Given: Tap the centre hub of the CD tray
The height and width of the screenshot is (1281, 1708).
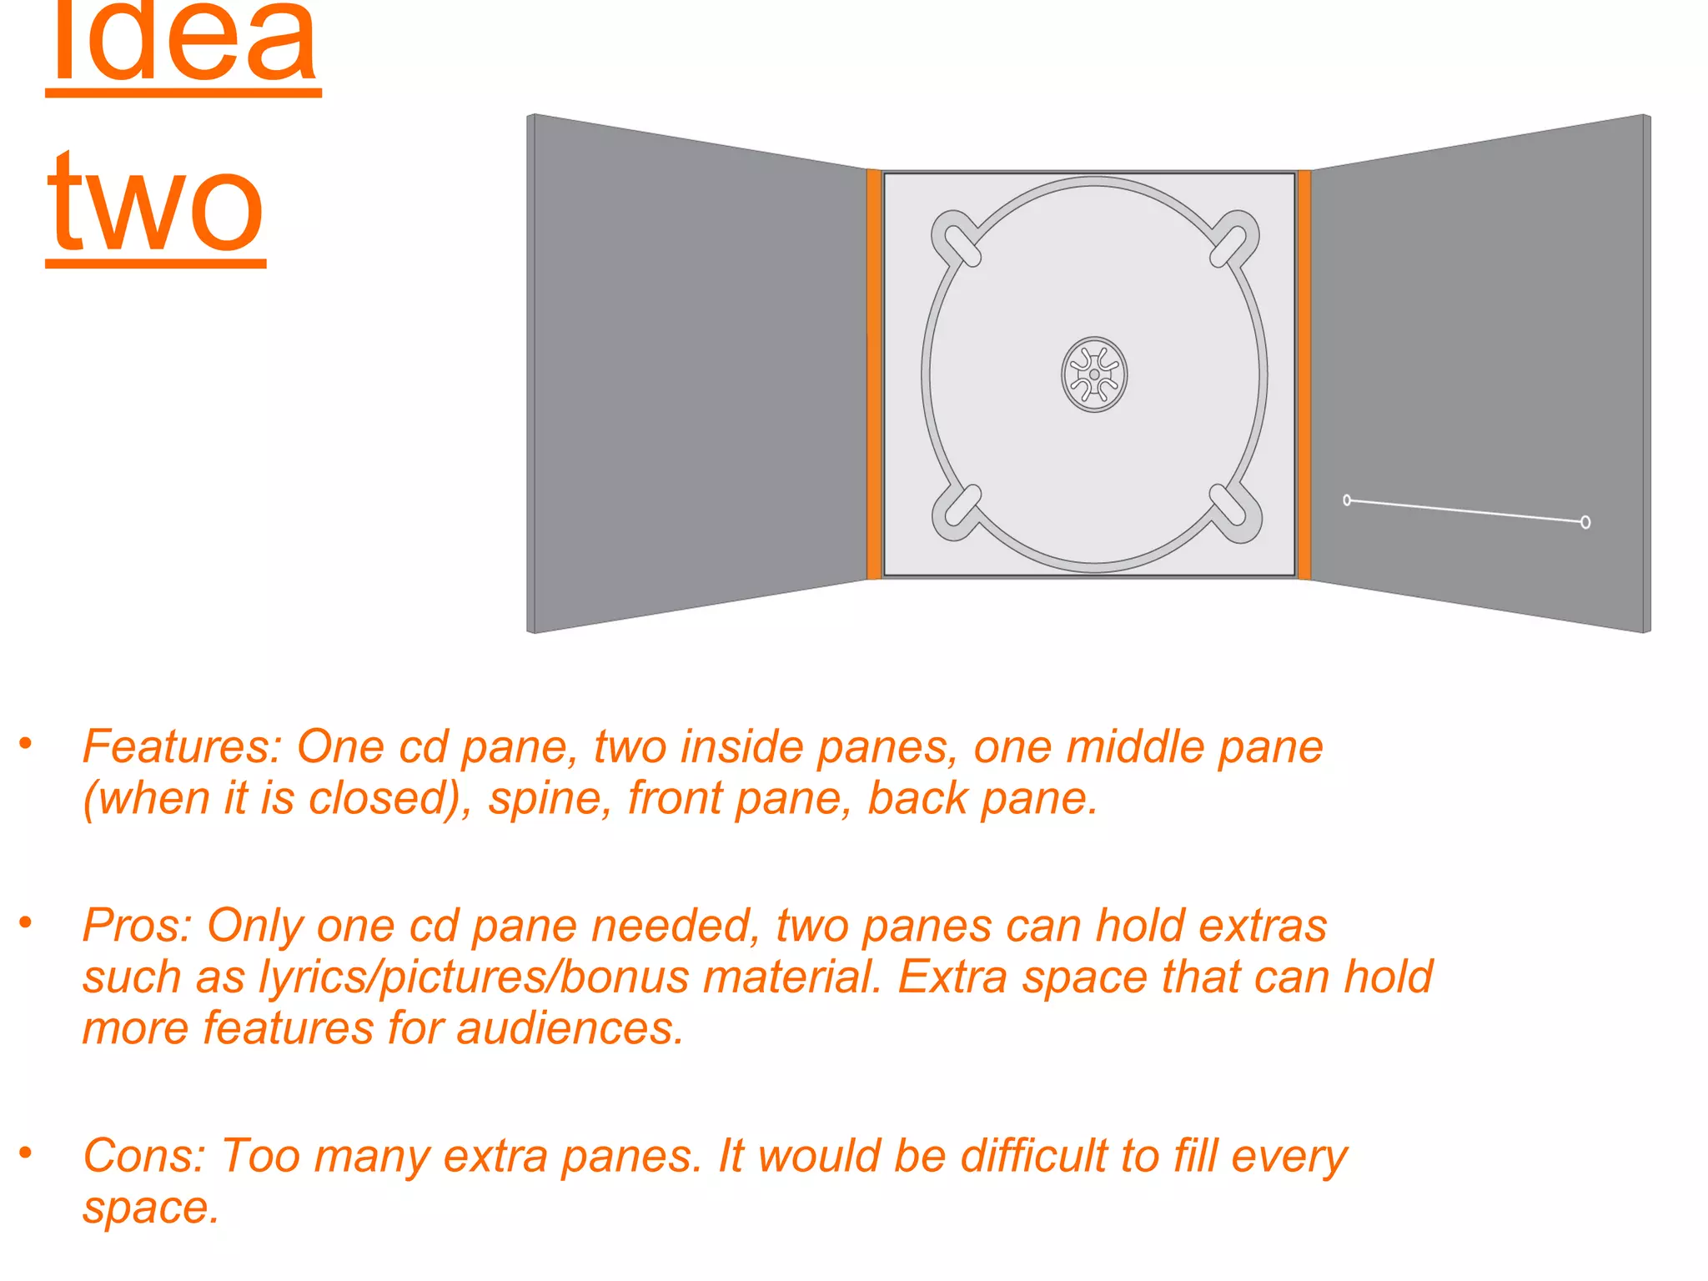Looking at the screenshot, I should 1093,374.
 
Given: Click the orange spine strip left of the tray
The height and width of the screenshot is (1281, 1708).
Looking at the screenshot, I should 873,374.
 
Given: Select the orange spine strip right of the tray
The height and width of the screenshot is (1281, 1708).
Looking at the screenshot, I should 1304,374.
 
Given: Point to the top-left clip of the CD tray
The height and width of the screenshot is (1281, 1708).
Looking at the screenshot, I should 957,239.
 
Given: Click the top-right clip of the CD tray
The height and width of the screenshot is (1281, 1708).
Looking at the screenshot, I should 1233,239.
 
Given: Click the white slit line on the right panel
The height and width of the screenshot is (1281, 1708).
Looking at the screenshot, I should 1466,510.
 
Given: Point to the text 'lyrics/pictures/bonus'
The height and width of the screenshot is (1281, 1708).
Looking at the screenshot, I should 474,977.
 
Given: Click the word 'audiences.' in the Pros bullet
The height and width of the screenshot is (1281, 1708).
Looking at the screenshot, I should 570,1028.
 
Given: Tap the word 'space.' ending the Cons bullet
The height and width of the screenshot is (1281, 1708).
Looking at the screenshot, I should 151,1208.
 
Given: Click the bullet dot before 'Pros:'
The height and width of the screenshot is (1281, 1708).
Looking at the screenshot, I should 26,922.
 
